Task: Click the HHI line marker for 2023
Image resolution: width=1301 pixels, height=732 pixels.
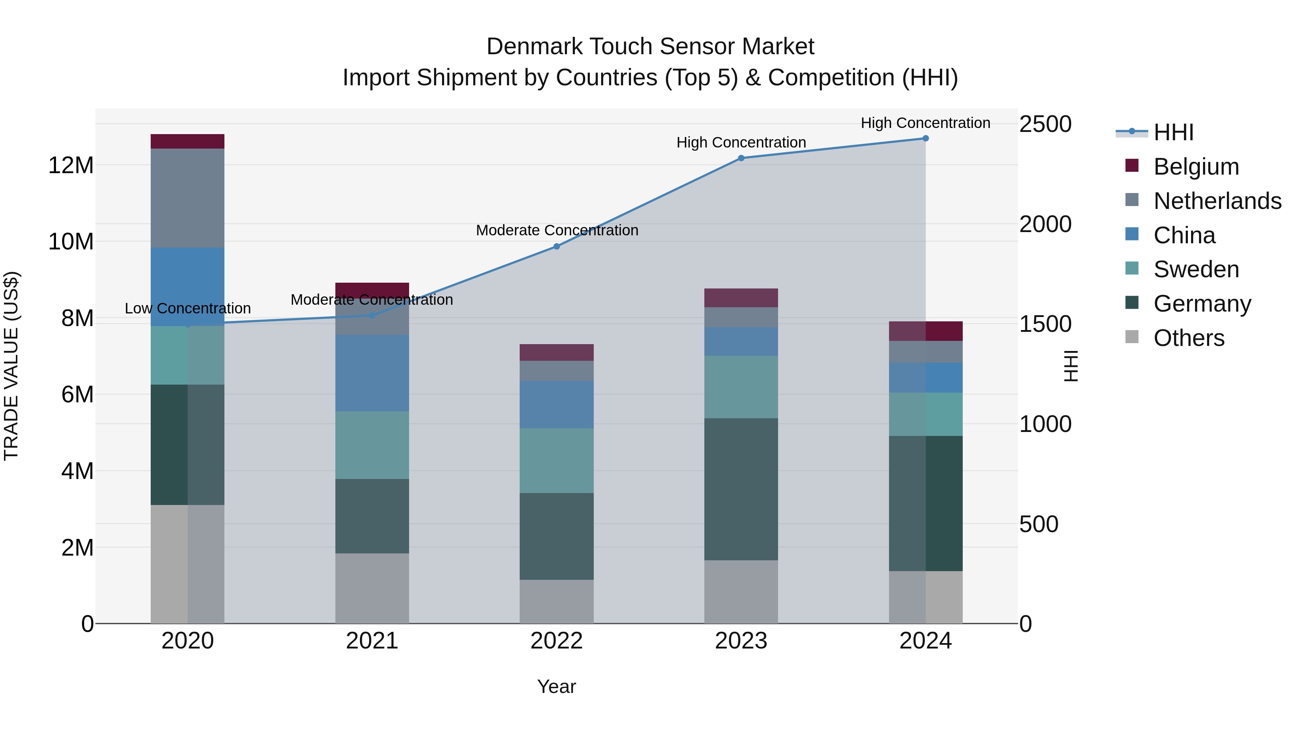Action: pyautogui.click(x=741, y=158)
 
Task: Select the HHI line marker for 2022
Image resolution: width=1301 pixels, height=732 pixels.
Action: pyautogui.click(x=557, y=247)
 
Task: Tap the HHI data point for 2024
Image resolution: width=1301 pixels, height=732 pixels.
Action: pyautogui.click(x=925, y=138)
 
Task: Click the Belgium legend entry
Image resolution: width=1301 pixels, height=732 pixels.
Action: pyautogui.click(x=1195, y=167)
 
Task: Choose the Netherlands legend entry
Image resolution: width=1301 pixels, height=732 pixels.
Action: pyautogui.click(x=1217, y=201)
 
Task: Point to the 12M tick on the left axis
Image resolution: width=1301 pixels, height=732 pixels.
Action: pyautogui.click(x=71, y=166)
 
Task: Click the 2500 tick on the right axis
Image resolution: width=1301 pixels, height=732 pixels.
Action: pyautogui.click(x=1045, y=124)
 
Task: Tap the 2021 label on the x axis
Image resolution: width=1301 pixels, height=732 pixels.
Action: pyautogui.click(x=372, y=641)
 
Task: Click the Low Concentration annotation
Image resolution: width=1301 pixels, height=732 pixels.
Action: pyautogui.click(x=187, y=308)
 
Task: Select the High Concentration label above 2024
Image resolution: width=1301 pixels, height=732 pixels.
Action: pyautogui.click(x=925, y=123)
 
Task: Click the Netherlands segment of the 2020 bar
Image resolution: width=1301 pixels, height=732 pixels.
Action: pyautogui.click(x=187, y=198)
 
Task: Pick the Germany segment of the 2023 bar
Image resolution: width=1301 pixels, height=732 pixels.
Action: pyautogui.click(x=741, y=489)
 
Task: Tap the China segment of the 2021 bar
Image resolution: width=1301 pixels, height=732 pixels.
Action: pyautogui.click(x=372, y=373)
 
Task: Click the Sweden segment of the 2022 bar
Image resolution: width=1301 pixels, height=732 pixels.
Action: pyautogui.click(x=557, y=461)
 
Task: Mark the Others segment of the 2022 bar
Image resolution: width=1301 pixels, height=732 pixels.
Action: pyautogui.click(x=557, y=601)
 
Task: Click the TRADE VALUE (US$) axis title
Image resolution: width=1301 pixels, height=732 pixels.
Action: pyautogui.click(x=11, y=366)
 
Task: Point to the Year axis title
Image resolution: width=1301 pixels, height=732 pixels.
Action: pyautogui.click(x=557, y=686)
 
